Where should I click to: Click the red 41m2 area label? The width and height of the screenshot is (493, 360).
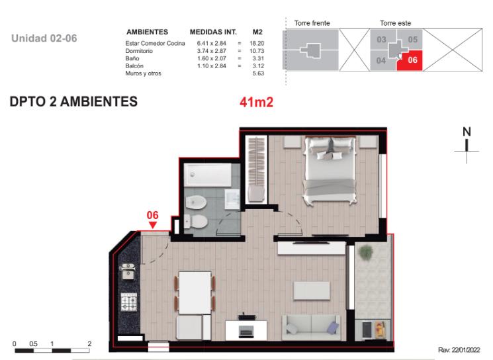[x=256, y=102]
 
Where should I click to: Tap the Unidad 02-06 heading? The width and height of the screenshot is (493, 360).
[x=44, y=38]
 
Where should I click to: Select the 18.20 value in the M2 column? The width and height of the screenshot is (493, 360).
[x=257, y=44]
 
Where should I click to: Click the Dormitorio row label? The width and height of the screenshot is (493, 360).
[x=139, y=51]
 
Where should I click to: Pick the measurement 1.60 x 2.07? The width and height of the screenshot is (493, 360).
[x=212, y=58]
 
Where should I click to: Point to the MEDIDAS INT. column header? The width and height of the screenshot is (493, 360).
[x=213, y=32]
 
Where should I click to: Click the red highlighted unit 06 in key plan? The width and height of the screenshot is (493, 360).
[x=410, y=60]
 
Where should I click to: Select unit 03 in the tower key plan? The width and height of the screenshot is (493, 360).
[x=381, y=40]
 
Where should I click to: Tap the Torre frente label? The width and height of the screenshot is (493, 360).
[x=312, y=23]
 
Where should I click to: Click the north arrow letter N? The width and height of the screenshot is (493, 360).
[x=467, y=132]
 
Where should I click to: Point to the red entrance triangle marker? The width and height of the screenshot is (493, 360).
[x=152, y=225]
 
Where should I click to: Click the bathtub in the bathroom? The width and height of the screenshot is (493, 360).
[x=208, y=175]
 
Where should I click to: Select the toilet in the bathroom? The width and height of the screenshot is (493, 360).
[x=196, y=221]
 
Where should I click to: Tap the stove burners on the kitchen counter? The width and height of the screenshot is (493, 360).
[x=129, y=302]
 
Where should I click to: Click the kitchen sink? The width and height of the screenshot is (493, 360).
[x=127, y=271]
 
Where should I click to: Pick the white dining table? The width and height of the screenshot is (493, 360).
[x=195, y=292]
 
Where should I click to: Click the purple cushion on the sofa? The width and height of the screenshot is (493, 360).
[x=333, y=328]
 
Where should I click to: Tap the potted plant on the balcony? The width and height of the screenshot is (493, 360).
[x=365, y=253]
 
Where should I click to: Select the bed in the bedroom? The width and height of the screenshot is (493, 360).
[x=330, y=170]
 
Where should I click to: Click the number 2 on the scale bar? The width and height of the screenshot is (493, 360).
[x=89, y=343]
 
